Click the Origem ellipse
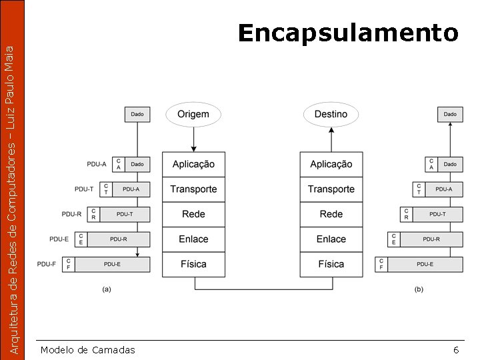pyautogui.click(x=193, y=114)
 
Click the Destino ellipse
pyautogui.click(x=331, y=114)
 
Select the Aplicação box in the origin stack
pyautogui.click(x=193, y=164)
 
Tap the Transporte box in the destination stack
pyautogui.click(x=331, y=189)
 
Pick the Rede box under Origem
pyautogui.click(x=193, y=214)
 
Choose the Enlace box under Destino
pyautogui.click(x=331, y=239)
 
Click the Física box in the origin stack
pyautogui.click(x=193, y=264)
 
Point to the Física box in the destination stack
pyautogui.click(x=331, y=264)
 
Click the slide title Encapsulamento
pyautogui.click(x=348, y=32)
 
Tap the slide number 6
pyautogui.click(x=456, y=350)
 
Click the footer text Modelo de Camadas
pyautogui.click(x=87, y=350)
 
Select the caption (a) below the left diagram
pyautogui.click(x=106, y=289)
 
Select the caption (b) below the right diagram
pyautogui.click(x=419, y=289)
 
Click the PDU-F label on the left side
pyautogui.click(x=47, y=265)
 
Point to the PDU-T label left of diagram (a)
pyautogui.click(x=84, y=189)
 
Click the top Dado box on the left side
pyautogui.click(x=137, y=115)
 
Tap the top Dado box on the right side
pyautogui.click(x=450, y=115)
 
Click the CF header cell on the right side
pyautogui.click(x=381, y=265)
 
